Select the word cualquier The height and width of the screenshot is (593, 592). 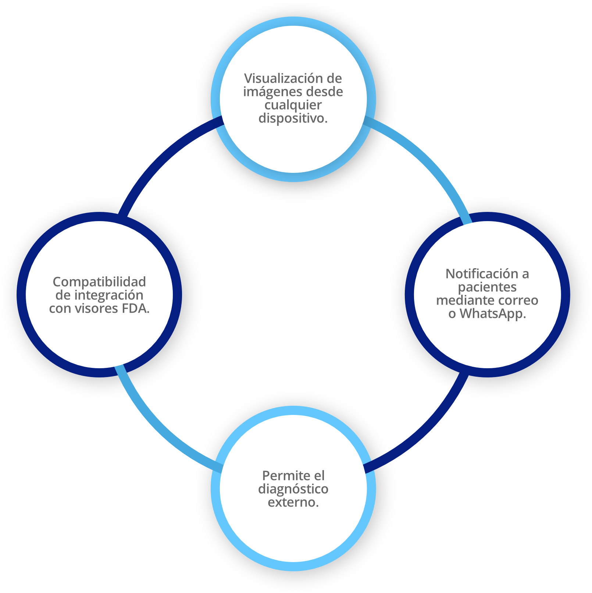[293, 105]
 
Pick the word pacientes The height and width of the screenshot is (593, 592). [487, 287]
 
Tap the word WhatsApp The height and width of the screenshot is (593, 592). [492, 313]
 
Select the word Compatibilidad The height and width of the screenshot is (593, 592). [99, 282]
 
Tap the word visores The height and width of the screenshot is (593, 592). [96, 308]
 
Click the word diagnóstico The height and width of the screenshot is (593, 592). [293, 489]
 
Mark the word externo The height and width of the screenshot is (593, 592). [293, 502]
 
